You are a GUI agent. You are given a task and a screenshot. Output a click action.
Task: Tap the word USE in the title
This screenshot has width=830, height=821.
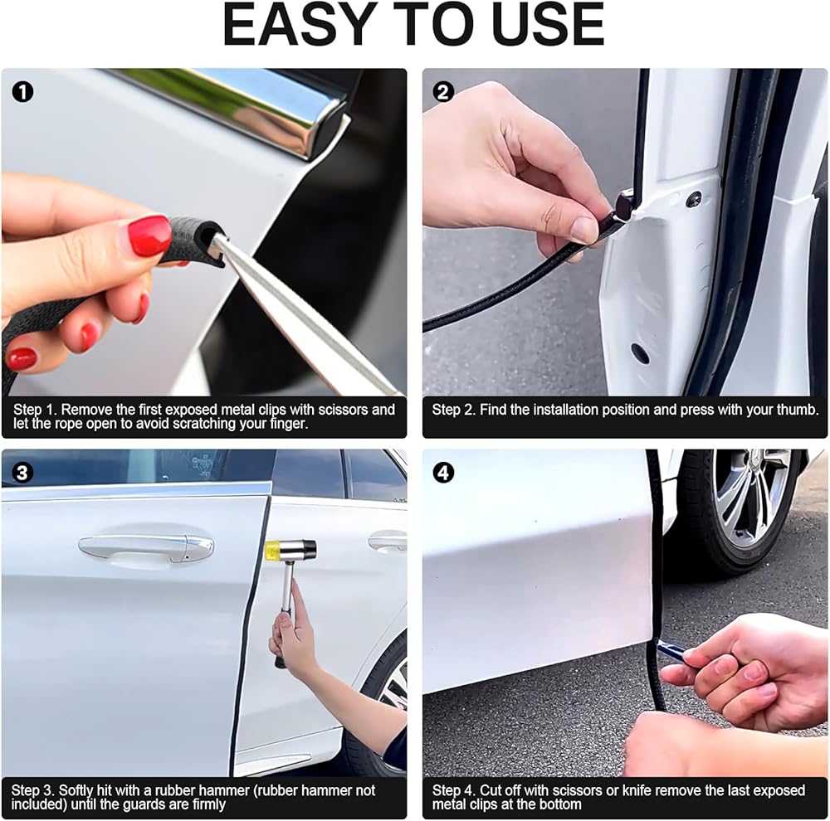pyautogui.click(x=548, y=25)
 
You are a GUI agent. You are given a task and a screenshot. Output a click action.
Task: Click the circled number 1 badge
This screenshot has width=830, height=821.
pyautogui.click(x=22, y=92)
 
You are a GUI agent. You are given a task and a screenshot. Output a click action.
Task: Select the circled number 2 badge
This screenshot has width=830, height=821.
pyautogui.click(x=443, y=92)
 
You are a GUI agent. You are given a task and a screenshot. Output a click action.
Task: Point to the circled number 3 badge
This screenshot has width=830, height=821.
pyautogui.click(x=22, y=473)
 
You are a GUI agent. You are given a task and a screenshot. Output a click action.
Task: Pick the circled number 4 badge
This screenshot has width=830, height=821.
pyautogui.click(x=443, y=473)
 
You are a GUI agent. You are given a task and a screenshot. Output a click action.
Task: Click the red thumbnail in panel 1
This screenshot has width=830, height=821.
pyautogui.click(x=149, y=236)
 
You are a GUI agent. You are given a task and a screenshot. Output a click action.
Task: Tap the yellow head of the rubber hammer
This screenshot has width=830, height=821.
pyautogui.click(x=272, y=549)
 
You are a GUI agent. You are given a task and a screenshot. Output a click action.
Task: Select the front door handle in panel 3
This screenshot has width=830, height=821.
pyautogui.click(x=145, y=547)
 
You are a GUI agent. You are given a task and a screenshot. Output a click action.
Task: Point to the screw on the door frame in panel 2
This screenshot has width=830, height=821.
pyautogui.click(x=694, y=199)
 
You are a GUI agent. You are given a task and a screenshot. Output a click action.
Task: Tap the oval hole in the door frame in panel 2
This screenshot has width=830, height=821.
pyautogui.click(x=639, y=353)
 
